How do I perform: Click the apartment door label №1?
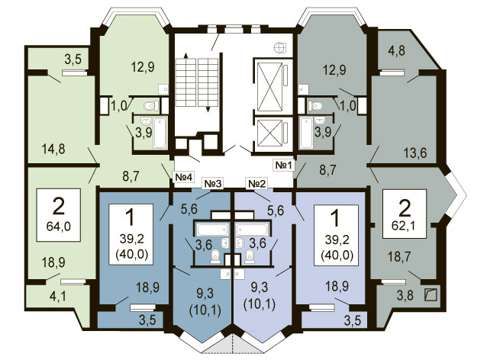pyautogui.click(x=283, y=165)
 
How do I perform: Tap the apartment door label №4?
pyautogui.click(x=184, y=177)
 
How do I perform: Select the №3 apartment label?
pyautogui.click(x=213, y=184)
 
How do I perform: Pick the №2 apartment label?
pyautogui.click(x=256, y=184)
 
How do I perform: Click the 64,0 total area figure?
pyautogui.click(x=58, y=227)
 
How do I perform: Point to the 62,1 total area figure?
pyautogui.click(x=404, y=226)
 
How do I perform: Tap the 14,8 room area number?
pyautogui.click(x=53, y=149)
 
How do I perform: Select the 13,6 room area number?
pyautogui.click(x=415, y=153)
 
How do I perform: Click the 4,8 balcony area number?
pyautogui.click(x=397, y=50)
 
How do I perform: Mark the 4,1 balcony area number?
pyautogui.click(x=58, y=296)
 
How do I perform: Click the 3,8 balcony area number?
pyautogui.click(x=405, y=295)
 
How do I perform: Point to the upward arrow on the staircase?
pyautogui.click(x=185, y=80)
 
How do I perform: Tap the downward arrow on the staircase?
pyautogui.click(x=208, y=85)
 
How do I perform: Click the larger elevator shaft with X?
pyautogui.click(x=270, y=87)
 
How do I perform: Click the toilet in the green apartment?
pyautogui.click(x=151, y=106)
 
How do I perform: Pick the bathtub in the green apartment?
pyautogui.click(x=160, y=133)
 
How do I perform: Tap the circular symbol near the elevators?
pyautogui.click(x=279, y=47)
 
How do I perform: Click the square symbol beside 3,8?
pyautogui.click(x=431, y=295)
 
